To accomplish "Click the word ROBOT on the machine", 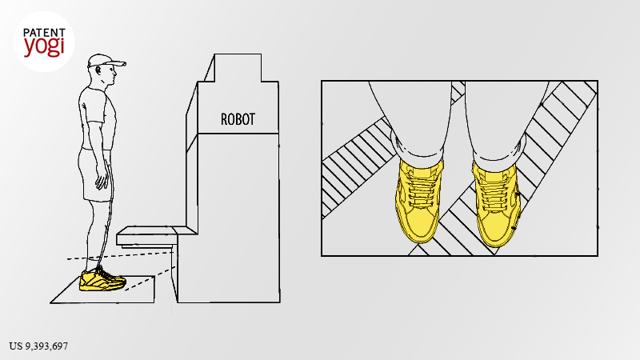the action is (238, 119).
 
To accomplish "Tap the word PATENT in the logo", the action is (44, 33).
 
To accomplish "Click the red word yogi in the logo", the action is (44, 47).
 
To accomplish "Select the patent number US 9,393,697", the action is (38, 346).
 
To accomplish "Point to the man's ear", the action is (98, 70).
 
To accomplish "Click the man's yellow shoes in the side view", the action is (102, 279).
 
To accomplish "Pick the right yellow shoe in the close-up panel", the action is (496, 203).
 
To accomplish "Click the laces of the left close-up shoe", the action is (422, 187).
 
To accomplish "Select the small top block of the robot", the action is (238, 68).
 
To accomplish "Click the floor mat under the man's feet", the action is (102, 290).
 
